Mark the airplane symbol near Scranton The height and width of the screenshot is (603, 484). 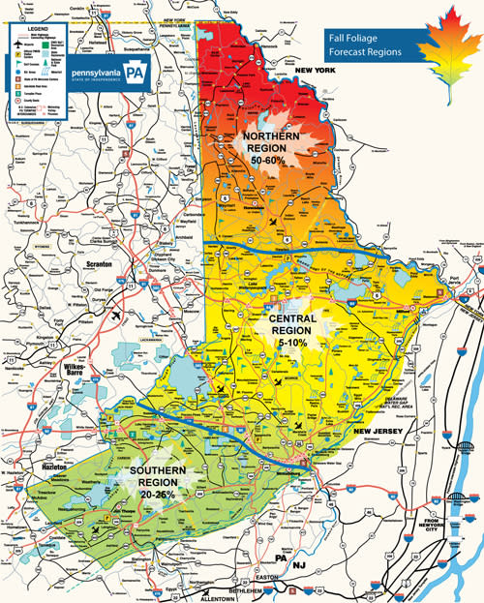pos(118,315)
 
